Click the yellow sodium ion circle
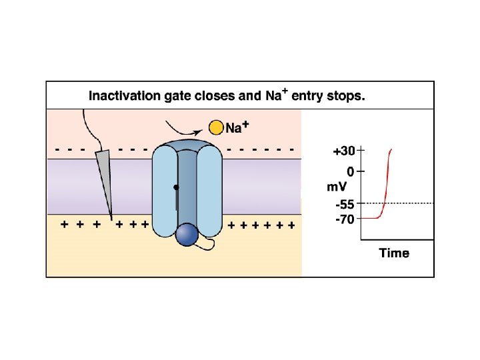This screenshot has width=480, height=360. click(x=215, y=127)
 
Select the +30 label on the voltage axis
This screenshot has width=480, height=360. click(x=343, y=151)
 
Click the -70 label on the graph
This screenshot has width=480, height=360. click(x=345, y=219)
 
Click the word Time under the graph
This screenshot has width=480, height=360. click(x=394, y=253)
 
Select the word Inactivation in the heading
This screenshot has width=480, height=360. click(x=125, y=96)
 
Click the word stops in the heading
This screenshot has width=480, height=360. click(x=344, y=96)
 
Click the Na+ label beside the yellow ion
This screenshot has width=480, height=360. click(x=237, y=127)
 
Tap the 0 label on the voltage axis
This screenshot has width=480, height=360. click(x=349, y=170)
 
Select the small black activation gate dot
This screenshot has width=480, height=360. click(x=176, y=187)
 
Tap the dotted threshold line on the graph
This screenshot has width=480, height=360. click(x=413, y=203)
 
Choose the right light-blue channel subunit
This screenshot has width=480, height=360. click(x=209, y=193)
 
